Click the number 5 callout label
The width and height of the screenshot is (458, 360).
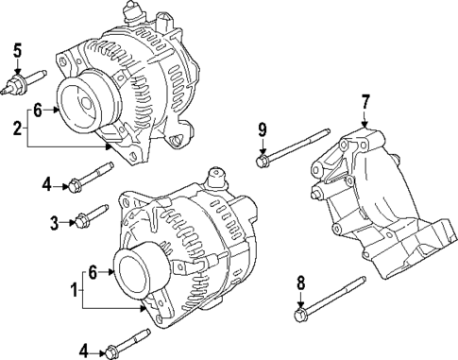coord(17,48)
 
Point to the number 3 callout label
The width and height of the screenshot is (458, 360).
coord(55,222)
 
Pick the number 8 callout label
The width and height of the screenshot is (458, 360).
coord(300,282)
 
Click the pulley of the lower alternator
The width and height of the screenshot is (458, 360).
coord(138,268)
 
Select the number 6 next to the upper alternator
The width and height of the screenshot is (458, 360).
coord(38,111)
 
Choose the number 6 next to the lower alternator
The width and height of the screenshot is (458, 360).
coord(93,271)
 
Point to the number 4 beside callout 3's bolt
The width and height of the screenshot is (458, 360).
coord(44,185)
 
